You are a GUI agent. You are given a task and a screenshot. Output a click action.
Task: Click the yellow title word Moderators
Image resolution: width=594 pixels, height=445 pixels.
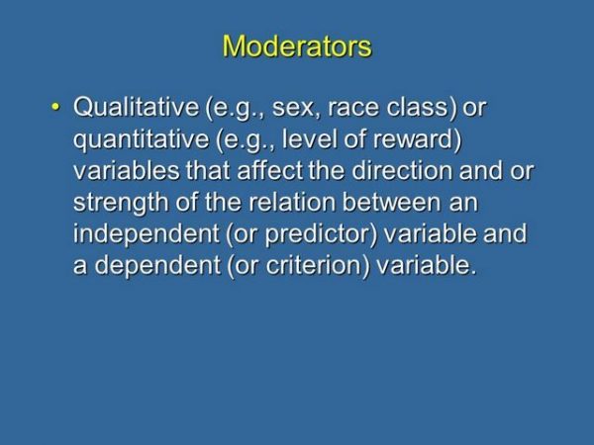(x=297, y=46)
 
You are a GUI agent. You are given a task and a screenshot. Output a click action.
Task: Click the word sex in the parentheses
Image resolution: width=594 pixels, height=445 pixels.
(x=286, y=107)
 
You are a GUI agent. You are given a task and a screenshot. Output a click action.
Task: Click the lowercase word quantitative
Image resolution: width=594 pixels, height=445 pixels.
(x=134, y=138)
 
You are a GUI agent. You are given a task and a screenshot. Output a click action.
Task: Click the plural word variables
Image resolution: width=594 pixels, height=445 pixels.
(x=124, y=171)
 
